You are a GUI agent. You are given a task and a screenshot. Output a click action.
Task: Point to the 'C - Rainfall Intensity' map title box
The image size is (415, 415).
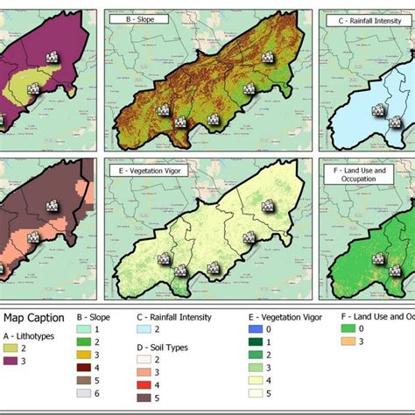click(x=364, y=17)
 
